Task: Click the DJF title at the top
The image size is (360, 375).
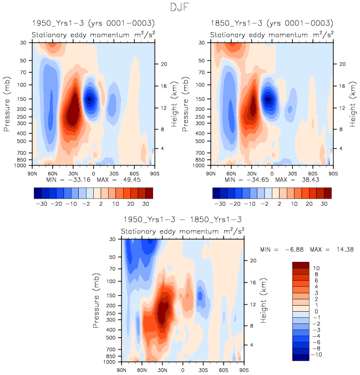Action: [x=180, y=8]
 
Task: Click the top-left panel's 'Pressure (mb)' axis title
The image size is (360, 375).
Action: [x=8, y=104]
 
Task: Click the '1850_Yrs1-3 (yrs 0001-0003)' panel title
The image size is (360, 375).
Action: [x=271, y=23]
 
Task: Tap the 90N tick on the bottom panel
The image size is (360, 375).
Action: [x=122, y=369]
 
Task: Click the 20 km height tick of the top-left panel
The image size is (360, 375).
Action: [x=164, y=64]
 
